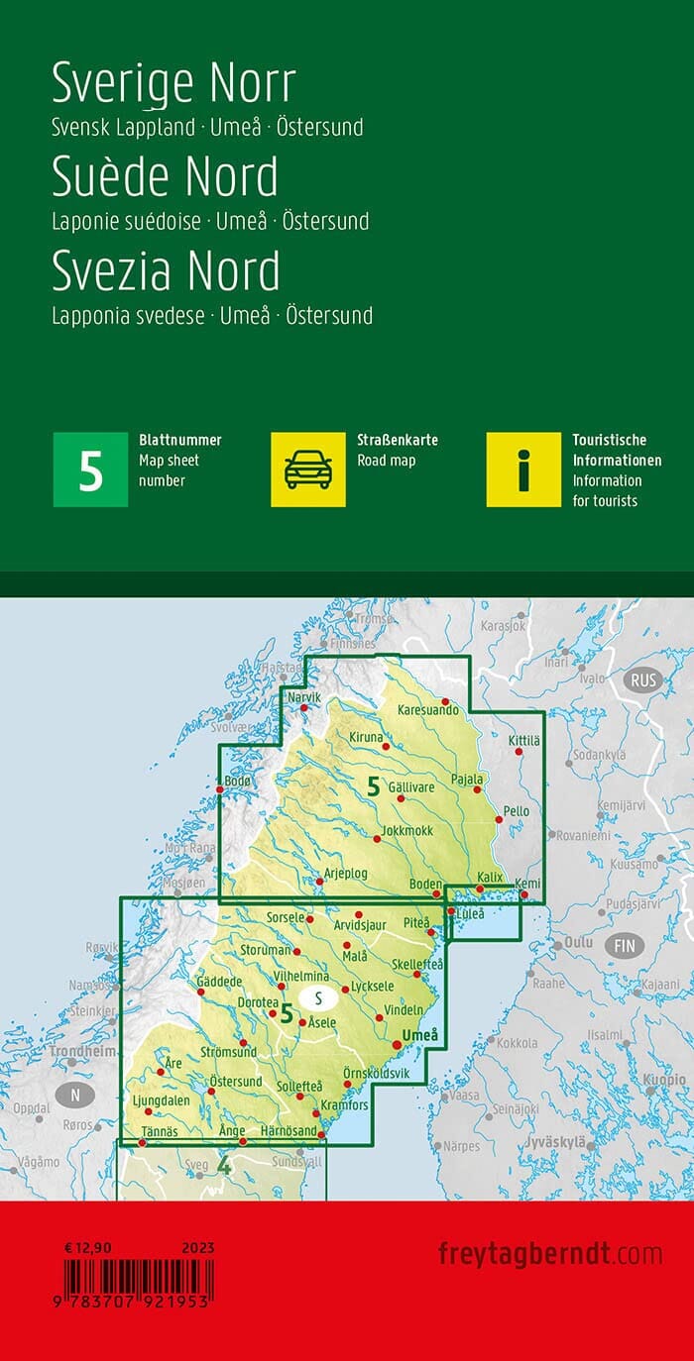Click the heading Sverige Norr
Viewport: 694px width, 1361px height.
[x=173, y=83]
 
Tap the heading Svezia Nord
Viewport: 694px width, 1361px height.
[x=166, y=270]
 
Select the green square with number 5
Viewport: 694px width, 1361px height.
[x=90, y=470]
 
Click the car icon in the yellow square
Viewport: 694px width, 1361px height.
[x=308, y=470]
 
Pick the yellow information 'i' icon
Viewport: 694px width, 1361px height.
[x=523, y=470]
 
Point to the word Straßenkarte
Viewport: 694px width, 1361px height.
[x=398, y=440]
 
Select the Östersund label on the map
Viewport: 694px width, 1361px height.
[x=236, y=1081]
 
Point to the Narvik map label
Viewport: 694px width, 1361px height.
[x=304, y=698]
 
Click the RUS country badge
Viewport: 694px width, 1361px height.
[x=643, y=680]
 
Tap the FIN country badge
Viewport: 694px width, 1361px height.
[x=625, y=945]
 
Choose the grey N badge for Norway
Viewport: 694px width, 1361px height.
[x=74, y=1095]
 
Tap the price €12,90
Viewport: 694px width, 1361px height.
[x=85, y=1248]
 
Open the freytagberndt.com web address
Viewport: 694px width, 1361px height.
[x=550, y=1253]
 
